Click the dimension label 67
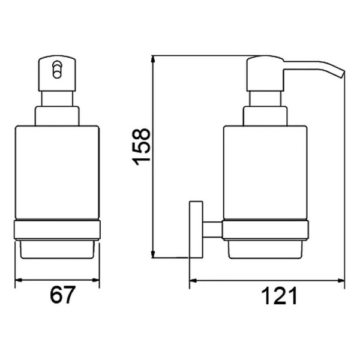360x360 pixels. click(62, 295)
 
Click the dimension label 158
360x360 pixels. click(141, 147)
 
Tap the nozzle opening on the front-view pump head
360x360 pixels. click(57, 70)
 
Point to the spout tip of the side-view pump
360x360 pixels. click(343, 74)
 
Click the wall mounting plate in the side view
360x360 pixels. click(196, 230)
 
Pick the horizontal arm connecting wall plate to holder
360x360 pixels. click(212, 230)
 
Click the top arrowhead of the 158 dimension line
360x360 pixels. click(153, 60)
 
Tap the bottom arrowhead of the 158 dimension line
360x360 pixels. click(153, 253)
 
